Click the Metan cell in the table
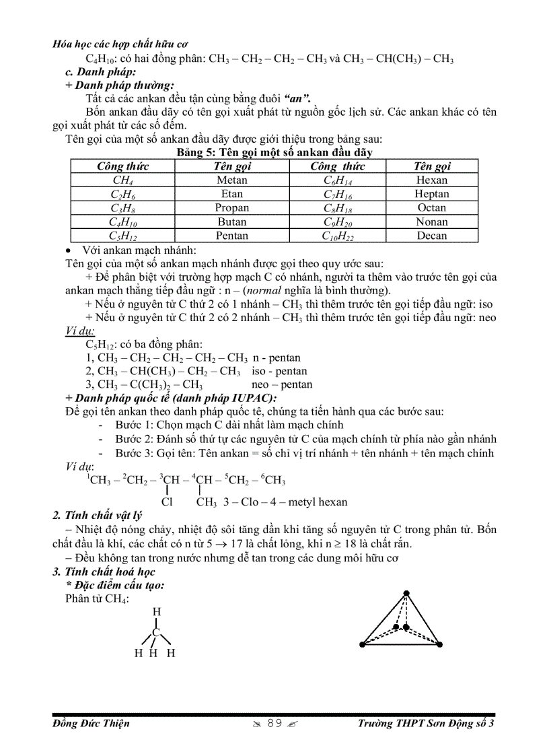231,180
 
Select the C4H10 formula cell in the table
122,222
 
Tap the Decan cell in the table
431,236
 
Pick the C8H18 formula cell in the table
338,208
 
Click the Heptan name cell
431,194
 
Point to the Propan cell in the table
231,208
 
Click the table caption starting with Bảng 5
274,153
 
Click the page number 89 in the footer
274,724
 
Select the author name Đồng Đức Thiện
91,724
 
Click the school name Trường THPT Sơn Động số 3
426,724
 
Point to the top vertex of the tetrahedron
406,594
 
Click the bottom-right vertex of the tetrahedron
438,644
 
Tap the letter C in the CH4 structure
156,632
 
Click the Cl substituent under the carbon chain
168,502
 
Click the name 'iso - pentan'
279,371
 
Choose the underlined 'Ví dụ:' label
80,331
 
